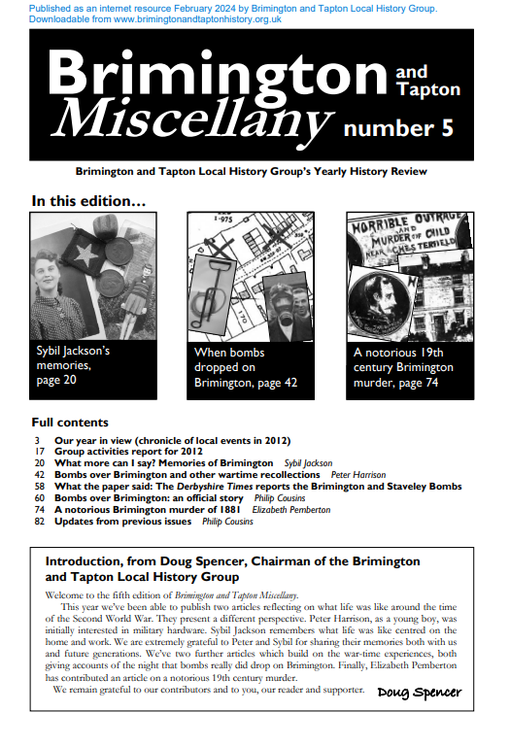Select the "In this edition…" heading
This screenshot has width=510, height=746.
[88, 202]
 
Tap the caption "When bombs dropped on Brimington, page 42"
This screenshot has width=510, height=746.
[246, 367]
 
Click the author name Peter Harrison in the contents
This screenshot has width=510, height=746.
[357, 475]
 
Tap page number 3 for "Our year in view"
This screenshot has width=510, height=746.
[38, 440]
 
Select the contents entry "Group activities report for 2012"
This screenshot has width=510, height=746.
[130, 452]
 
